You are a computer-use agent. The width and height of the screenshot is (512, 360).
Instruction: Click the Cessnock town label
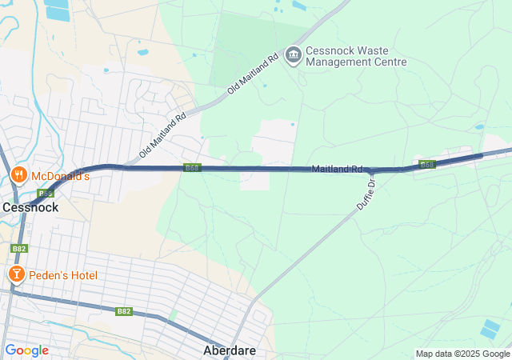tap(30, 207)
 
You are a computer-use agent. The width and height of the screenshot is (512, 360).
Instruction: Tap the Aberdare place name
tap(230, 351)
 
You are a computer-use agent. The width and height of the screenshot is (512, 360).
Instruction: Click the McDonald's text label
tap(60, 176)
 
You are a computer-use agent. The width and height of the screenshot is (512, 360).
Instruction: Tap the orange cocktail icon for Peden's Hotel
tap(15, 275)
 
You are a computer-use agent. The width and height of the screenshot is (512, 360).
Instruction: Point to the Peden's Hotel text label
tap(63, 276)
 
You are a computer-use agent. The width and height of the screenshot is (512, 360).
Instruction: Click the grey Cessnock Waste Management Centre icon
tap(293, 54)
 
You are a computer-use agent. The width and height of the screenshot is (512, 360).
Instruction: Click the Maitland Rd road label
tap(338, 170)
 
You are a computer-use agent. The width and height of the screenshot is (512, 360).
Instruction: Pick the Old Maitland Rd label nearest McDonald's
tap(162, 134)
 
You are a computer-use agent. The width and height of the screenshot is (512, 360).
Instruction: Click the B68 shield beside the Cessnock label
tap(45, 194)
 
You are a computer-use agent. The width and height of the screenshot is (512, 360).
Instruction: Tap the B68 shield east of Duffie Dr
tap(427, 165)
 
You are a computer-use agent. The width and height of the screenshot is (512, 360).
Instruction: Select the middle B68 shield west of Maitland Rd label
tap(192, 168)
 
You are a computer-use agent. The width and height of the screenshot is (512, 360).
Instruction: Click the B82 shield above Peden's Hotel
tap(20, 250)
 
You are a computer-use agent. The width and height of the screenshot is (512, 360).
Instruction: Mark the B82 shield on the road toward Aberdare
tap(123, 311)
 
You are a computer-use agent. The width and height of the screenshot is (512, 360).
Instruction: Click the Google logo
tap(26, 350)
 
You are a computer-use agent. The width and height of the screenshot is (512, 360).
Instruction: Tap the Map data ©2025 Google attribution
tap(462, 354)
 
